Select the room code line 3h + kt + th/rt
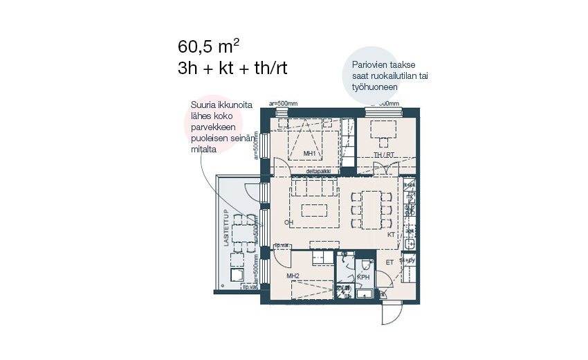tap(232, 68)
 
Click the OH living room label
tap(288, 222)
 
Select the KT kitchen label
tap(391, 235)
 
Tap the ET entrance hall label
tap(389, 262)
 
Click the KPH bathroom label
tap(362, 278)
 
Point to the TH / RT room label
tap(383, 154)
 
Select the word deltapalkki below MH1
tap(323, 170)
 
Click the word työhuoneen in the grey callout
tap(375, 88)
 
